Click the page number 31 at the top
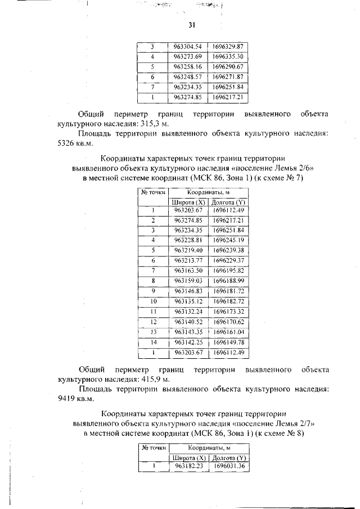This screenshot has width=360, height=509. pos(191,25)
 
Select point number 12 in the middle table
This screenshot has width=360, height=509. pos(152,322)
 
